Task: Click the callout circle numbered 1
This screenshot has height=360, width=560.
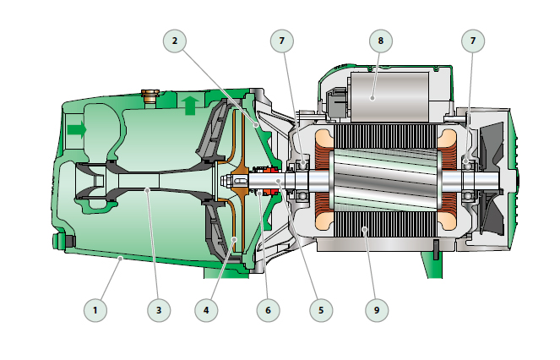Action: click(x=95, y=310)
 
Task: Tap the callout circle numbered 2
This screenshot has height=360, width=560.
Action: click(x=175, y=41)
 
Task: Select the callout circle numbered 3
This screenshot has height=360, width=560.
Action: click(x=158, y=310)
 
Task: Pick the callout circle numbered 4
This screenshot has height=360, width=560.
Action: click(x=205, y=310)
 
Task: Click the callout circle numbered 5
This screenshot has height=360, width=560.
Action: click(x=320, y=310)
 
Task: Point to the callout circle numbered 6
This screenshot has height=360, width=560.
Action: click(x=268, y=310)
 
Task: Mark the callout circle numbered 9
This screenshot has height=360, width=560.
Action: click(x=377, y=310)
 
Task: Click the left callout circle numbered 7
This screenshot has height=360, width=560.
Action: click(x=283, y=41)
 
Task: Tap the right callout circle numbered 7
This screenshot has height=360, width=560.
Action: click(x=474, y=41)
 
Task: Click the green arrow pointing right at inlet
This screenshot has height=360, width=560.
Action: click(x=76, y=129)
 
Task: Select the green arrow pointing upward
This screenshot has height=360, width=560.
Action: click(x=190, y=105)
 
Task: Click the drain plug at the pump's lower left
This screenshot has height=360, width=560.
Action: click(x=60, y=243)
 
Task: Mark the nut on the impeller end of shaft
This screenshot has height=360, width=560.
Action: click(x=227, y=181)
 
